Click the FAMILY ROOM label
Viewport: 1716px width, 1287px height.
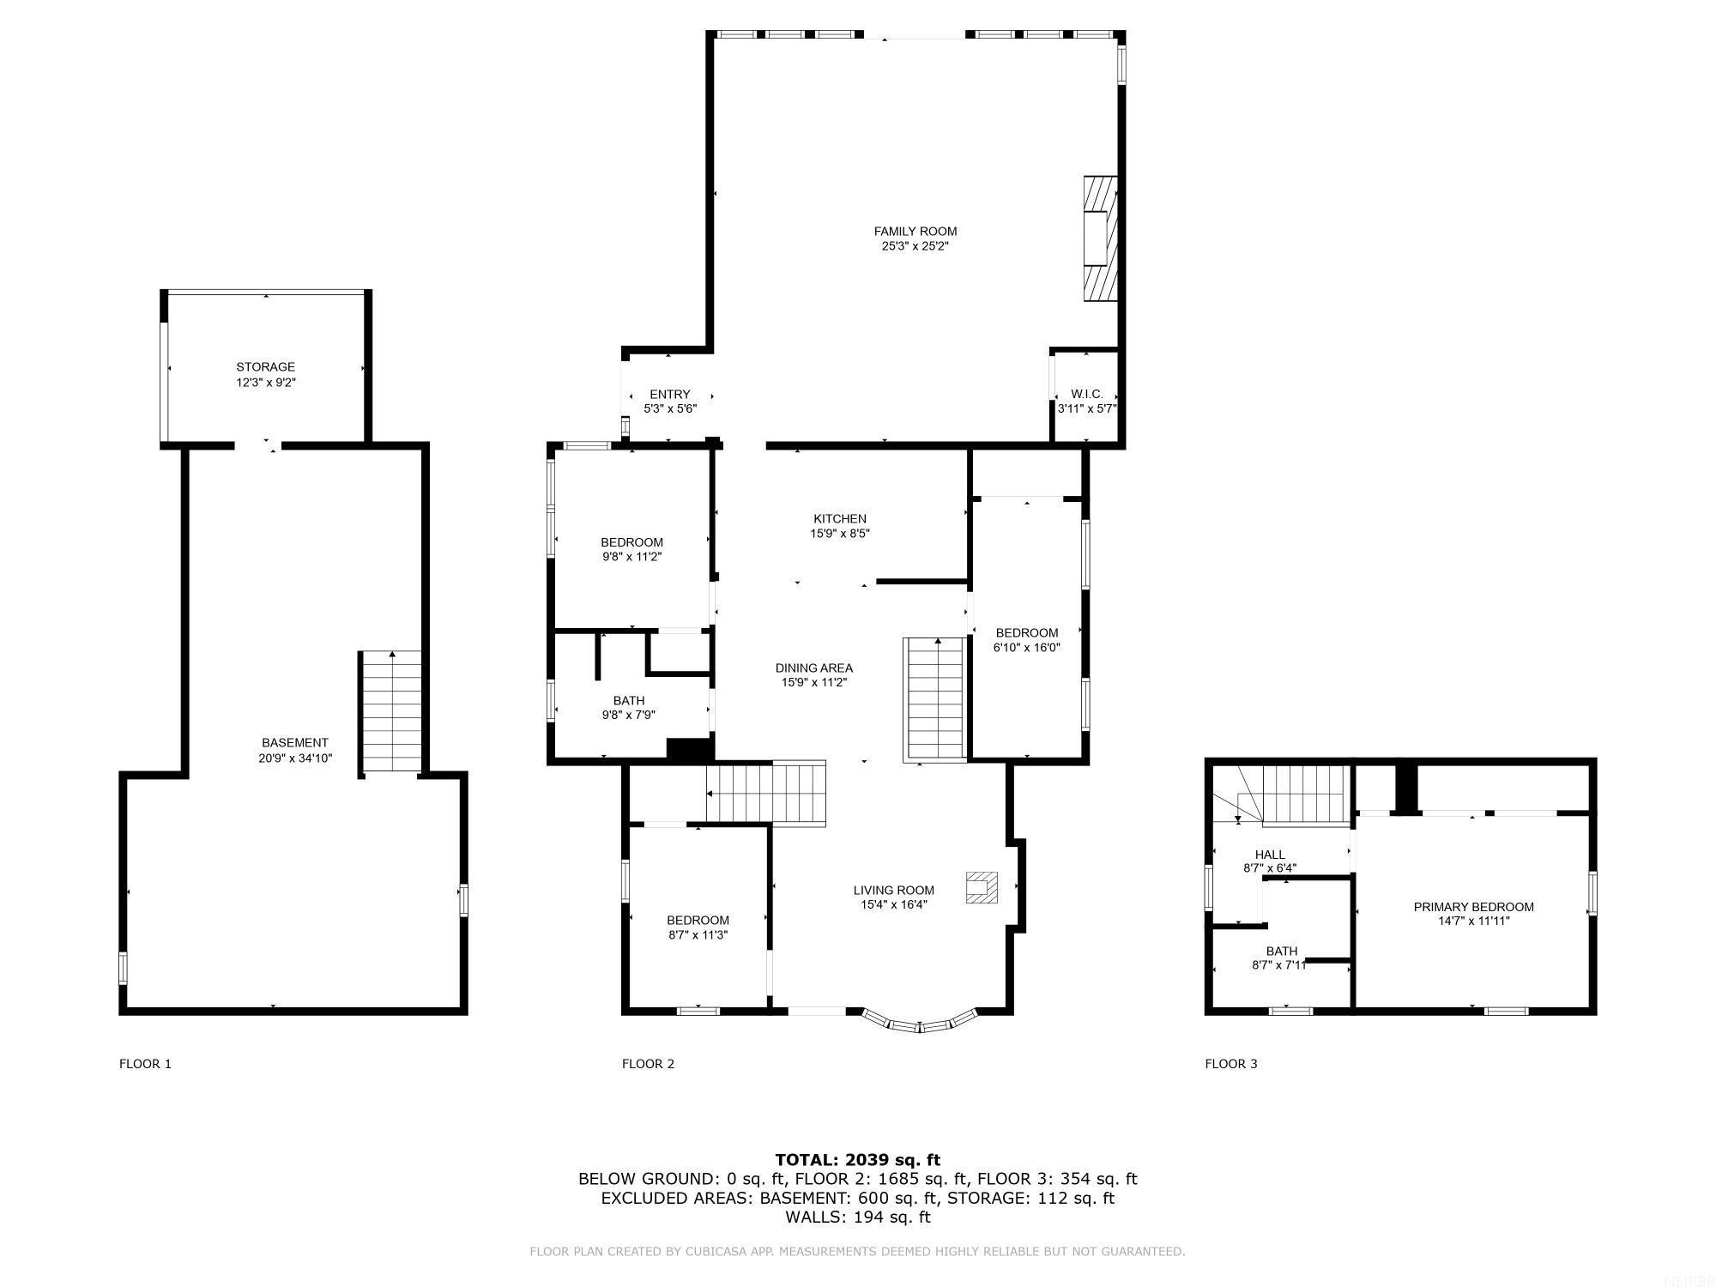pos(915,231)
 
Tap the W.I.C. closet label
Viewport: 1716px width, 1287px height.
pos(1086,394)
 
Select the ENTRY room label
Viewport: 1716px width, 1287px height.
pos(669,394)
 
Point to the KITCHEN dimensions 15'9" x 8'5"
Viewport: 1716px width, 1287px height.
pos(840,534)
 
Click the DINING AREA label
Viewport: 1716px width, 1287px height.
pos(813,668)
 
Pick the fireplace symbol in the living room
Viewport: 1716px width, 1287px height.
pos(982,887)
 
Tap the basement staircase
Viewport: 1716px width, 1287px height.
pos(391,711)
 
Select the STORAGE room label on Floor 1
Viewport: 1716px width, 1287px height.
pos(265,366)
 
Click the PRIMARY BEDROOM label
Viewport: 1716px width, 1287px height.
pos(1473,906)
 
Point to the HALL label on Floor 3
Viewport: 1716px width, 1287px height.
pos(1270,854)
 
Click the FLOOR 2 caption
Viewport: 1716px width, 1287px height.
pos(648,1064)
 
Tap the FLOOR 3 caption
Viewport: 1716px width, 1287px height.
pos(1230,1064)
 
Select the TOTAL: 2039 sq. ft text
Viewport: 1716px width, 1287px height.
pos(857,1160)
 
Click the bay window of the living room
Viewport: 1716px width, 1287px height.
pos(920,1022)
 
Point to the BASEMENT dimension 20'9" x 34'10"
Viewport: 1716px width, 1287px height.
pos(294,758)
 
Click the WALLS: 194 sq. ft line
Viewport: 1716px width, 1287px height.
pos(857,1217)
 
